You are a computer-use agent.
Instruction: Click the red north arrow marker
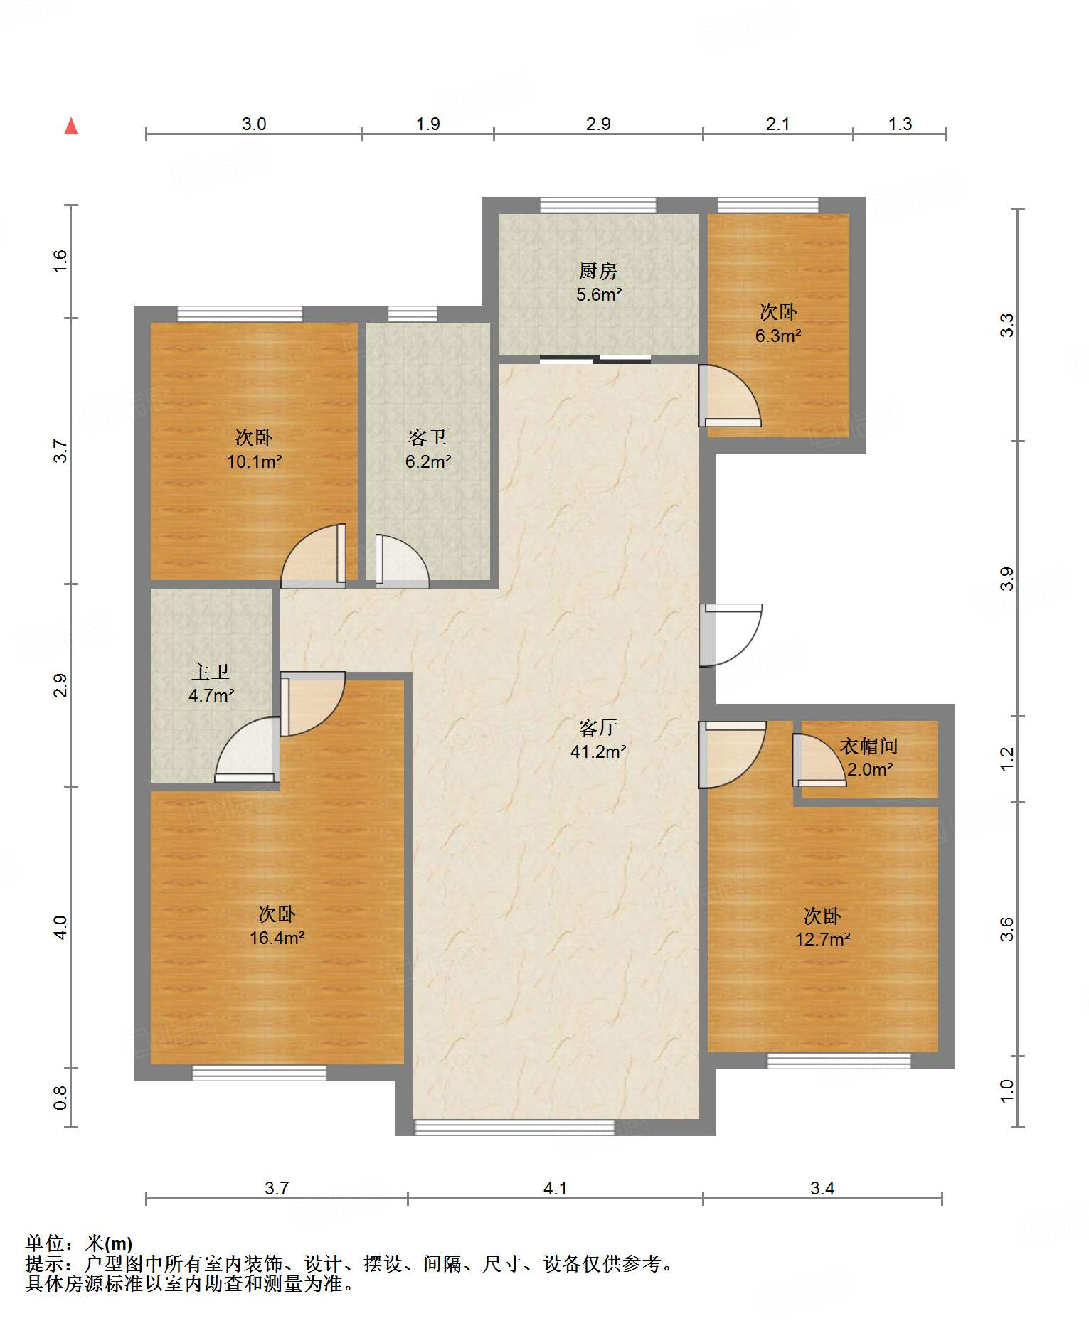point(71,126)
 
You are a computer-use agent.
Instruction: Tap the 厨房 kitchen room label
point(597,271)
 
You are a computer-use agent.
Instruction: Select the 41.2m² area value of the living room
point(598,751)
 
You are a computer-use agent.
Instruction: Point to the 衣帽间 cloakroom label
point(868,746)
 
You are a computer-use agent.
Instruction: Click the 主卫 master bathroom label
point(211,672)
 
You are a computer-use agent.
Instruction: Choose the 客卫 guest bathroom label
point(427,437)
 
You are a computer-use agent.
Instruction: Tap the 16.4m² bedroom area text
point(277,938)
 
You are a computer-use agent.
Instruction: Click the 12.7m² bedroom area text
point(823,940)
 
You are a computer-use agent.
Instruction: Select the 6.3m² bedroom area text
point(779,336)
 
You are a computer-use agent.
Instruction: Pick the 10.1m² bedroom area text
point(255,461)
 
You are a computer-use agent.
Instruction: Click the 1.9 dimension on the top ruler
point(427,124)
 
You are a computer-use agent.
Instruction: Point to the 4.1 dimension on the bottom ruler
point(555,1188)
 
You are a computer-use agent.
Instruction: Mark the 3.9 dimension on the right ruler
point(1006,579)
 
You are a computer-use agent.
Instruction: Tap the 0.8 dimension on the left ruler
point(60,1097)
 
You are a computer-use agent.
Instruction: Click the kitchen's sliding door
point(595,359)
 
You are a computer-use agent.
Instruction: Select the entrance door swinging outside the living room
point(731,635)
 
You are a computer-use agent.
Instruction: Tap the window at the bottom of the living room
point(514,1127)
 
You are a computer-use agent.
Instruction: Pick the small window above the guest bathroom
point(413,314)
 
